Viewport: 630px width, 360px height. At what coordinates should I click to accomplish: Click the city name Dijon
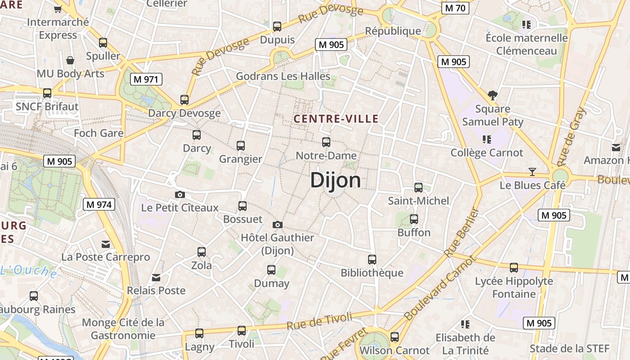pyautogui.click(x=335, y=180)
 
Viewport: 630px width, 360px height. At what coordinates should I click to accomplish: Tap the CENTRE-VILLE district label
pyautogui.click(x=336, y=119)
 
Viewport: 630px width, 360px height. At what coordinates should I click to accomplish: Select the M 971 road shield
pyautogui.click(x=146, y=80)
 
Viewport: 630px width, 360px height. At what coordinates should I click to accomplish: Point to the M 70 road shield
pyautogui.click(x=455, y=8)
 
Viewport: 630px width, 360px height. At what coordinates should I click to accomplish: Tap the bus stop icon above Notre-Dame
pyautogui.click(x=326, y=142)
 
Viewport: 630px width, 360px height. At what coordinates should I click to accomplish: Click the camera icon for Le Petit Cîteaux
pyautogui.click(x=180, y=194)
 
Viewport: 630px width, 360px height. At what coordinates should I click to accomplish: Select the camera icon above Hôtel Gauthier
pyautogui.click(x=278, y=225)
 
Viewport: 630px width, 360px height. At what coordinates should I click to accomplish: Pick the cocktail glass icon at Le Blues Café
pyautogui.click(x=532, y=171)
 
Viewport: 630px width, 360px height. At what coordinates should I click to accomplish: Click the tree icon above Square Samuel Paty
pyautogui.click(x=493, y=95)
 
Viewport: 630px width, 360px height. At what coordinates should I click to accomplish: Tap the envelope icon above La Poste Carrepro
pyautogui.click(x=106, y=244)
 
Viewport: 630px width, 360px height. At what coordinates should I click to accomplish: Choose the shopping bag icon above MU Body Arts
pyautogui.click(x=70, y=60)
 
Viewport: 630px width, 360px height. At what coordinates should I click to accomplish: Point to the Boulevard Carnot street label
pyautogui.click(x=440, y=288)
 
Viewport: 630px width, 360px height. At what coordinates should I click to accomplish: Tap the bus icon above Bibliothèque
pyautogui.click(x=372, y=259)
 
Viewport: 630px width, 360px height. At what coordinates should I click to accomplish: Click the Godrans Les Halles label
pyautogui.click(x=283, y=76)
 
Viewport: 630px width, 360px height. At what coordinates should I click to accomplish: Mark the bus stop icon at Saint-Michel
pyautogui.click(x=418, y=187)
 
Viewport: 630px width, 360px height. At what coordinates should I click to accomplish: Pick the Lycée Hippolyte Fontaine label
pyautogui.click(x=514, y=288)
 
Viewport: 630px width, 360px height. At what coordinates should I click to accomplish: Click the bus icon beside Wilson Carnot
pyautogui.click(x=395, y=337)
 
